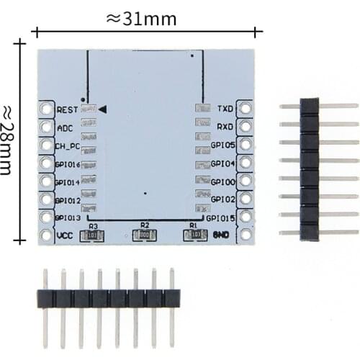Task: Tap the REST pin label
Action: click(x=66, y=109)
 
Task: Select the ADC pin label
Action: click(x=64, y=127)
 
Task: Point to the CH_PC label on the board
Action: click(x=68, y=145)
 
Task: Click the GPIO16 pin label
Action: click(x=68, y=164)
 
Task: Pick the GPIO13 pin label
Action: click(x=68, y=217)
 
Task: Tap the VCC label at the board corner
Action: click(x=64, y=235)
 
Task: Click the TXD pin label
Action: click(x=225, y=109)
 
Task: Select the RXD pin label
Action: click(x=225, y=127)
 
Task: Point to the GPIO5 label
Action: click(x=222, y=145)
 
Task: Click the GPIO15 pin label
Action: click(x=220, y=217)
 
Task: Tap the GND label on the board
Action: click(x=222, y=235)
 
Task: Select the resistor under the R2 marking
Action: click(x=144, y=234)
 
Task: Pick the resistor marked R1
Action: click(x=193, y=234)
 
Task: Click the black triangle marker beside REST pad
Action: click(x=103, y=109)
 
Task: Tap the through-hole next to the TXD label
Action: click(x=245, y=109)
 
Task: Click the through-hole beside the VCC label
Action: click(x=47, y=235)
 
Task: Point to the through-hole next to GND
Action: click(x=245, y=235)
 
